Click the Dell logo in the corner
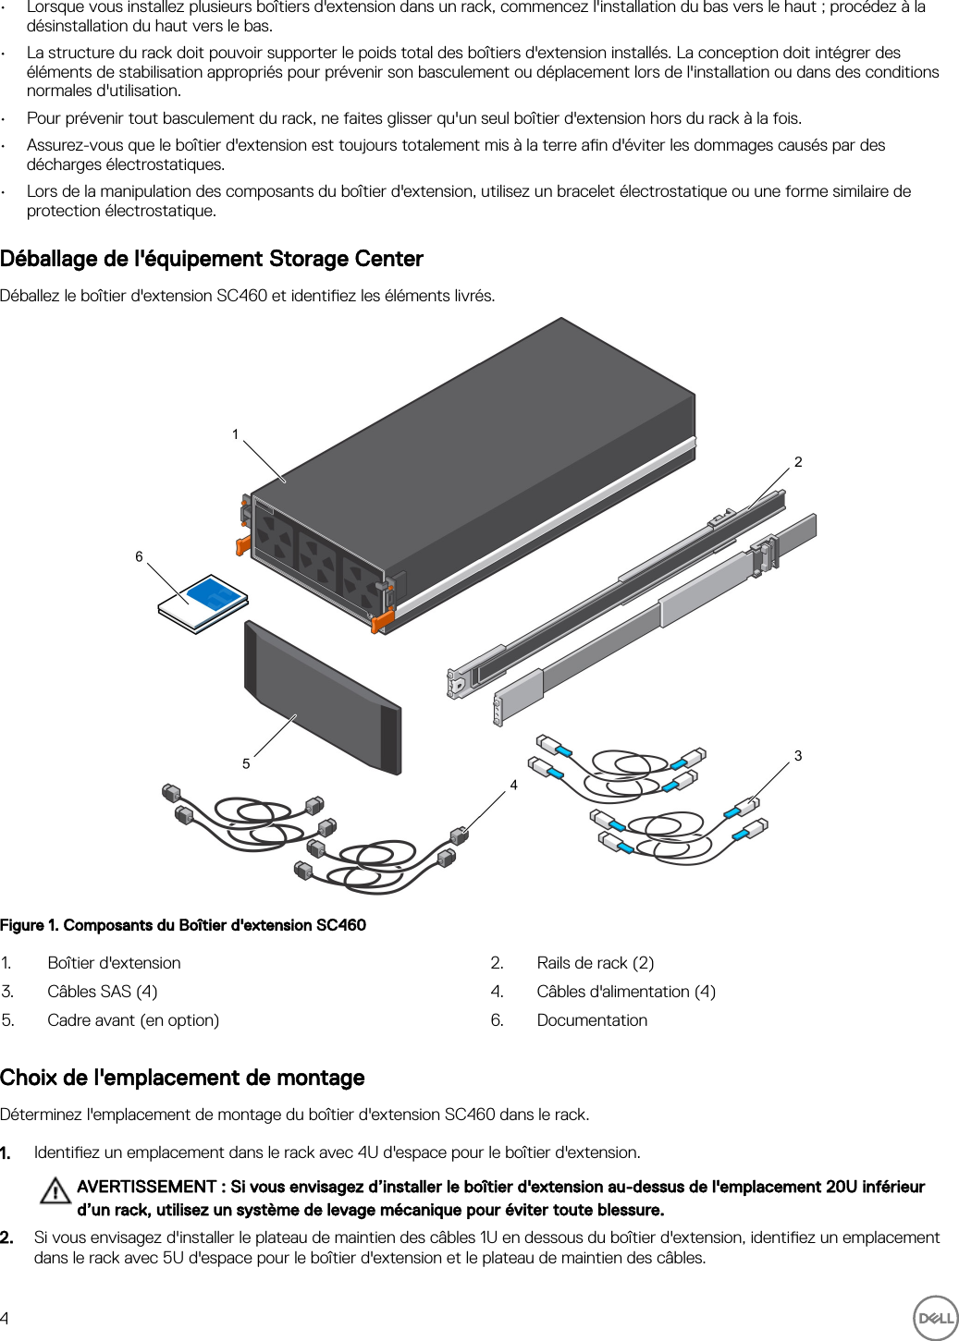935,1317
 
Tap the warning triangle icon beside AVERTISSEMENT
55,1190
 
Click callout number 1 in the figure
236,434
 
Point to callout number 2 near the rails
798,462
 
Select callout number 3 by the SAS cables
798,756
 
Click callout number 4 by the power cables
514,785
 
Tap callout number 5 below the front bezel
246,763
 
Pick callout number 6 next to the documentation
140,556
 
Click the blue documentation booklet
205,602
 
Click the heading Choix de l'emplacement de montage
182,1078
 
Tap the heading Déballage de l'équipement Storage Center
212,259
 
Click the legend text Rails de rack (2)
595,963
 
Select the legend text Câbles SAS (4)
103,992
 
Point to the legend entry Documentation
592,1020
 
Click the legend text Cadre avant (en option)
133,1020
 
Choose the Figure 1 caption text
183,925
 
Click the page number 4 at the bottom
6,1318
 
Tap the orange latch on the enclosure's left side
243,544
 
